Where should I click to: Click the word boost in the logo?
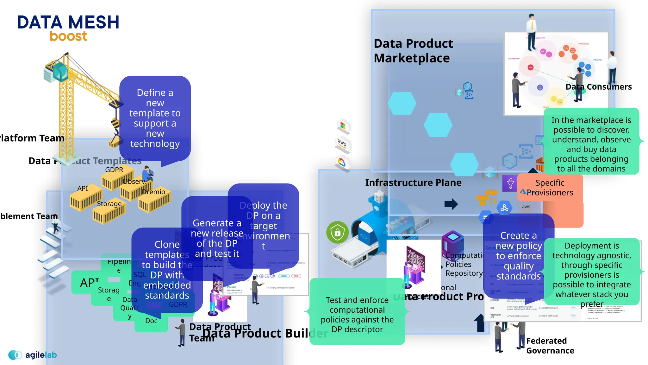(x=68, y=36)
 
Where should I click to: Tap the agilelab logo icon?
(x=15, y=355)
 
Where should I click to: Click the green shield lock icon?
(x=337, y=233)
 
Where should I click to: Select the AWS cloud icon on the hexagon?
(x=342, y=143)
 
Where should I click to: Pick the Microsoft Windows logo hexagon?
(x=343, y=126)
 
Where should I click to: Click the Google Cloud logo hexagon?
(x=342, y=163)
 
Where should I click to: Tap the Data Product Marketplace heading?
(x=413, y=51)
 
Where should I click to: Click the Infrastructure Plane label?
(x=413, y=182)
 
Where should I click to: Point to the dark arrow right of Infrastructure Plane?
(x=451, y=204)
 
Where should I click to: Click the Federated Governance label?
(x=550, y=346)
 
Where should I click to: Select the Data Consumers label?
(x=598, y=87)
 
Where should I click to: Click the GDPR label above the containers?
(x=114, y=170)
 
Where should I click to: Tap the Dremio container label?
(x=153, y=192)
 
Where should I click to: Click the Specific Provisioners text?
(x=550, y=188)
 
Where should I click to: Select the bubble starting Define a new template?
(x=155, y=118)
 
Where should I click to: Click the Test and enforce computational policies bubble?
(x=357, y=314)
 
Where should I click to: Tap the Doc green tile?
(x=151, y=321)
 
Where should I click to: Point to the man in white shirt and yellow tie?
(x=532, y=32)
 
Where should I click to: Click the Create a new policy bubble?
(x=518, y=255)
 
